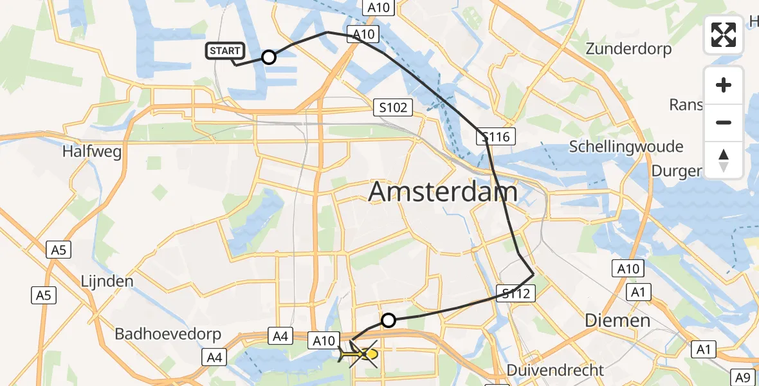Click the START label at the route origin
point(224,51)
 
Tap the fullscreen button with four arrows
point(724,35)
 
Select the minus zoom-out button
point(724,122)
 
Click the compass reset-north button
point(724,160)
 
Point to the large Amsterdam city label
point(443,192)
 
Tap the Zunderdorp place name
point(628,49)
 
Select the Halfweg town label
point(91,151)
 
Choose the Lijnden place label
point(107,281)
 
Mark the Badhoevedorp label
point(168,335)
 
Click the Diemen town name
point(617,320)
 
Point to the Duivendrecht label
point(556,370)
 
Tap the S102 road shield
point(393,107)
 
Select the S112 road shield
point(516,294)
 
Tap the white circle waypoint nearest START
point(269,58)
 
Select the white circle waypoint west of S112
point(388,320)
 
